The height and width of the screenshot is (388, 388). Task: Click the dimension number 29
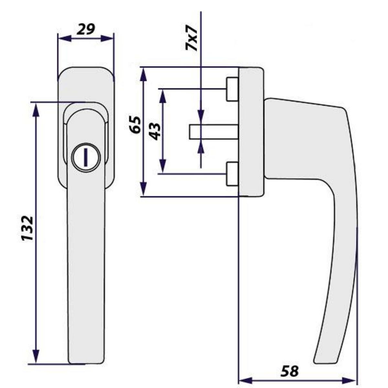[86, 29]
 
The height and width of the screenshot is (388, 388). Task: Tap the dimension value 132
[28, 228]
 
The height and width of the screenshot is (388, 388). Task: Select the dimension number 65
[135, 124]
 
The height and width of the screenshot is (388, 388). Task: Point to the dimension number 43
[155, 131]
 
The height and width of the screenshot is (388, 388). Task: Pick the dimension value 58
[289, 371]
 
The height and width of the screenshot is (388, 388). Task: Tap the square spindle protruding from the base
[213, 132]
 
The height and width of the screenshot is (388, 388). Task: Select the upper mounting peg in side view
[232, 89]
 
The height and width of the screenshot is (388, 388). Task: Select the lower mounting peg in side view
[232, 174]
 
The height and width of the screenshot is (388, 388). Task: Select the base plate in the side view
[251, 132]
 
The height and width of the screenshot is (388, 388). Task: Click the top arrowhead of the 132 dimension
[36, 110]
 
